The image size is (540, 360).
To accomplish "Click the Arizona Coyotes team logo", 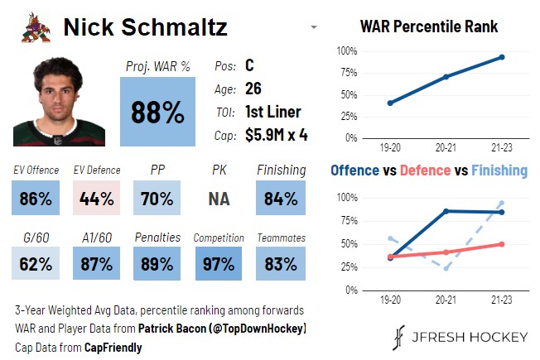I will coord(36,27).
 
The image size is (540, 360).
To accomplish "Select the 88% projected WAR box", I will coord(157,112).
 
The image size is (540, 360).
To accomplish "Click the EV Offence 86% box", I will coord(36,198).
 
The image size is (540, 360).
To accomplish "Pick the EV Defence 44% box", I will coord(96,198).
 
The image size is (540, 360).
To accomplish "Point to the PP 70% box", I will coord(157,198).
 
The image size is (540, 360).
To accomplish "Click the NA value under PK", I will coord(219,199).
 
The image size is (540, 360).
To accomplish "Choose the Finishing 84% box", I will coord(280,198).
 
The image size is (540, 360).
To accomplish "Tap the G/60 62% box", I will coord(36,264).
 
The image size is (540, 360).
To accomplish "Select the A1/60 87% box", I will coord(96,264).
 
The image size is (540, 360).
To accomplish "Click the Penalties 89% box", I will coord(157,264).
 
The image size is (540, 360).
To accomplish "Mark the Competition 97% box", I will coord(219,264).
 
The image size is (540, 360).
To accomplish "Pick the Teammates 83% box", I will coord(280,264).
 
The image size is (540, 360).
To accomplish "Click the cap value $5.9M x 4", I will coord(276,135).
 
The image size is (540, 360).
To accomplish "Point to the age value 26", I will coord(253,89).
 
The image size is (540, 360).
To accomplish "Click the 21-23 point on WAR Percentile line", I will coord(501,57).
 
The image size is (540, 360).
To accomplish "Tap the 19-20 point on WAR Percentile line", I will coord(390,103).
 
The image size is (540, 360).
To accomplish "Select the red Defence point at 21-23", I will coord(501,244).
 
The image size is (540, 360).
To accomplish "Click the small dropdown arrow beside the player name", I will coord(314,28).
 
